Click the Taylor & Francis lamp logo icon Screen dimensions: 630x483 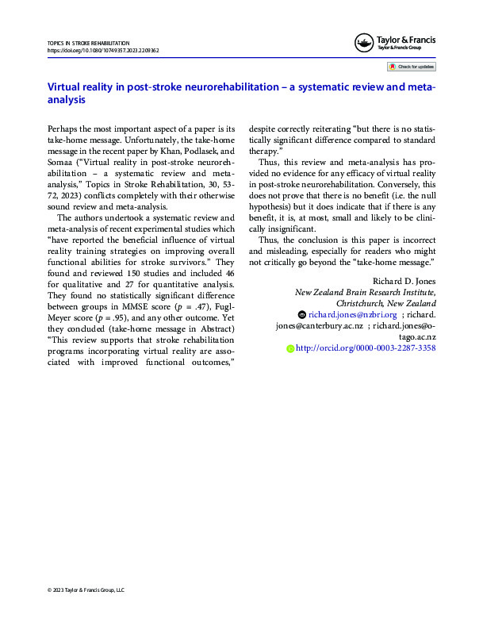tap(364, 42)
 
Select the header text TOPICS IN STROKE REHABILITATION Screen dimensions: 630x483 tap(89, 42)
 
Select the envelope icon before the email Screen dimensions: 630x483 tap(301, 314)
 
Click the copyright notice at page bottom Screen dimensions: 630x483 tap(86, 590)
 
